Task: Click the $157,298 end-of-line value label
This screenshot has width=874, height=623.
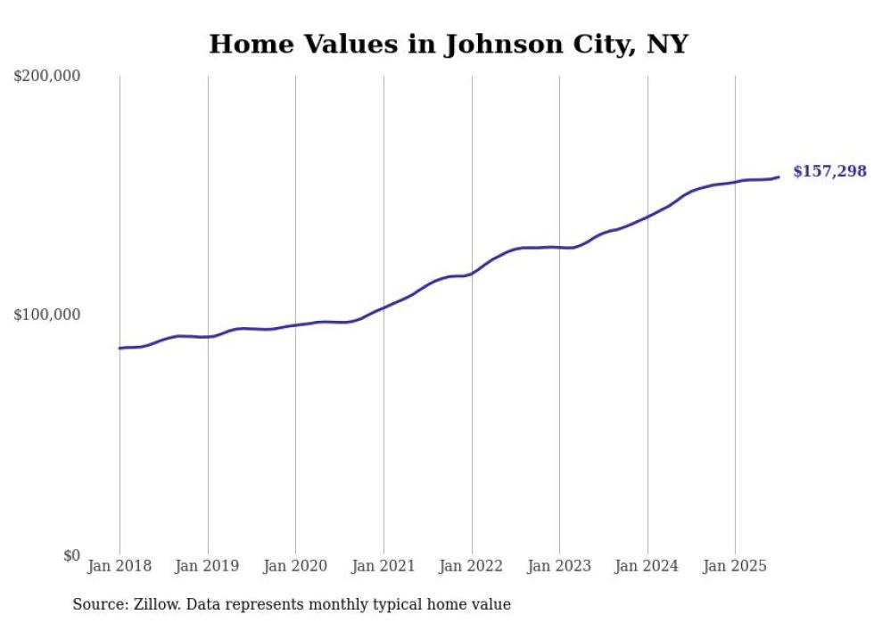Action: [829, 171]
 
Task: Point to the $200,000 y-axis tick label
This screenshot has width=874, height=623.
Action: [47, 77]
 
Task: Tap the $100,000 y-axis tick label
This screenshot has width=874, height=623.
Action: [47, 316]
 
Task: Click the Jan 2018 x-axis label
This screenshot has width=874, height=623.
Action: [120, 566]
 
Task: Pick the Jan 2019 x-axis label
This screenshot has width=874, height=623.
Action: [208, 566]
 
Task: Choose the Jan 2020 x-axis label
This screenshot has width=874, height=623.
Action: [295, 566]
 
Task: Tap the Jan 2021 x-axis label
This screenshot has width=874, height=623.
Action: [383, 566]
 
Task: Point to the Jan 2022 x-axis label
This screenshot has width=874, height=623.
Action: [472, 566]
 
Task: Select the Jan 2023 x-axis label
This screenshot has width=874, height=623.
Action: [559, 566]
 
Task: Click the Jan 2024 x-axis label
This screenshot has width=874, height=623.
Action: [647, 566]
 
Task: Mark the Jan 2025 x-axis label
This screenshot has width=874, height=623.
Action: [735, 566]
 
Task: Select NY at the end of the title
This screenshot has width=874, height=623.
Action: [668, 44]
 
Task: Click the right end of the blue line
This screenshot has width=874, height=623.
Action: [779, 176]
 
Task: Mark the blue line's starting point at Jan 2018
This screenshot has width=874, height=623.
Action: [120, 348]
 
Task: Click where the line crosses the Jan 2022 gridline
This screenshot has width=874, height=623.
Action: [472, 273]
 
